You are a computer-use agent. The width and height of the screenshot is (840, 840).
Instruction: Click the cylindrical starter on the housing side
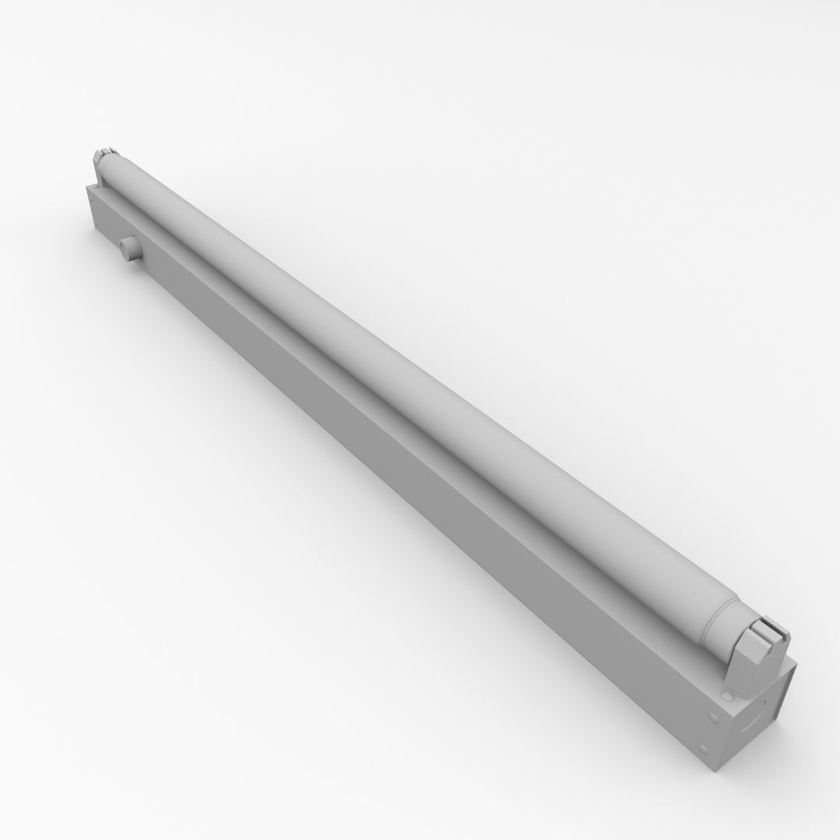[128, 250]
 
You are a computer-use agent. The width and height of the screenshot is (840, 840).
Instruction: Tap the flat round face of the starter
[124, 250]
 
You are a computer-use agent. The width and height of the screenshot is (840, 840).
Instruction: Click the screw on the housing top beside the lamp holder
[726, 694]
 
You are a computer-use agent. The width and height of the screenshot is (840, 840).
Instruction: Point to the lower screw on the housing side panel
[703, 749]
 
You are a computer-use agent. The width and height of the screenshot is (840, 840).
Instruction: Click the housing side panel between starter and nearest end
[105, 226]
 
